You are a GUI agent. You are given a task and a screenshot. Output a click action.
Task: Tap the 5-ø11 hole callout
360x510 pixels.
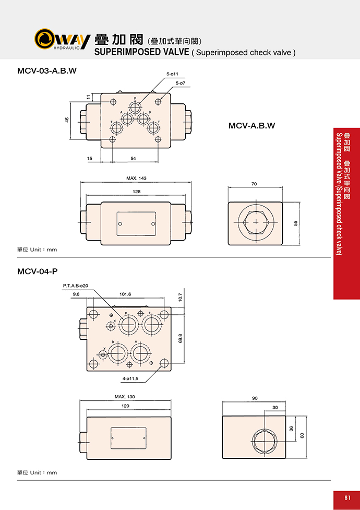pyautogui.click(x=173, y=74)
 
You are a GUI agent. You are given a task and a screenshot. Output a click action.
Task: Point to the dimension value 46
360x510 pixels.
pyautogui.click(x=67, y=120)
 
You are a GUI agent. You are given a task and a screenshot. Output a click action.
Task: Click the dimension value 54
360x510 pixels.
pyautogui.click(x=133, y=158)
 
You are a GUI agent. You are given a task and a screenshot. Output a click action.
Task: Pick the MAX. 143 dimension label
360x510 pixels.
pyautogui.click(x=136, y=179)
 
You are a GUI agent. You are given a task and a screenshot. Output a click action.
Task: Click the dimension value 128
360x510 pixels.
pyautogui.click(x=136, y=192)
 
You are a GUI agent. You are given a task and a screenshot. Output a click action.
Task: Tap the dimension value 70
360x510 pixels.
pyautogui.click(x=254, y=184)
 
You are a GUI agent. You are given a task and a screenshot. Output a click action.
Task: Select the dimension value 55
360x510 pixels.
pyautogui.click(x=295, y=223)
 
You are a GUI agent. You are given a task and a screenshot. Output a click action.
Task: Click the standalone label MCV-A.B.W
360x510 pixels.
pyautogui.click(x=251, y=125)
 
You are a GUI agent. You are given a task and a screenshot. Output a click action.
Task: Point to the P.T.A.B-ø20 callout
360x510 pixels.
pyautogui.click(x=76, y=286)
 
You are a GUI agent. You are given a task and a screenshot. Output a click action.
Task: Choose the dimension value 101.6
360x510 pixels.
pyautogui.click(x=125, y=294)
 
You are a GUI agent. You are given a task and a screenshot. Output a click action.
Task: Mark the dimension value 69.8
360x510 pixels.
pyautogui.click(x=180, y=338)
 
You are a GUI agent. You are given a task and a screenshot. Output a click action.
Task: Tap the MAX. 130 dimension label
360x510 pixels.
pyautogui.click(x=125, y=397)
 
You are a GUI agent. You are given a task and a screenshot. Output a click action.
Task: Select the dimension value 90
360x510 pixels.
pyautogui.click(x=254, y=398)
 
